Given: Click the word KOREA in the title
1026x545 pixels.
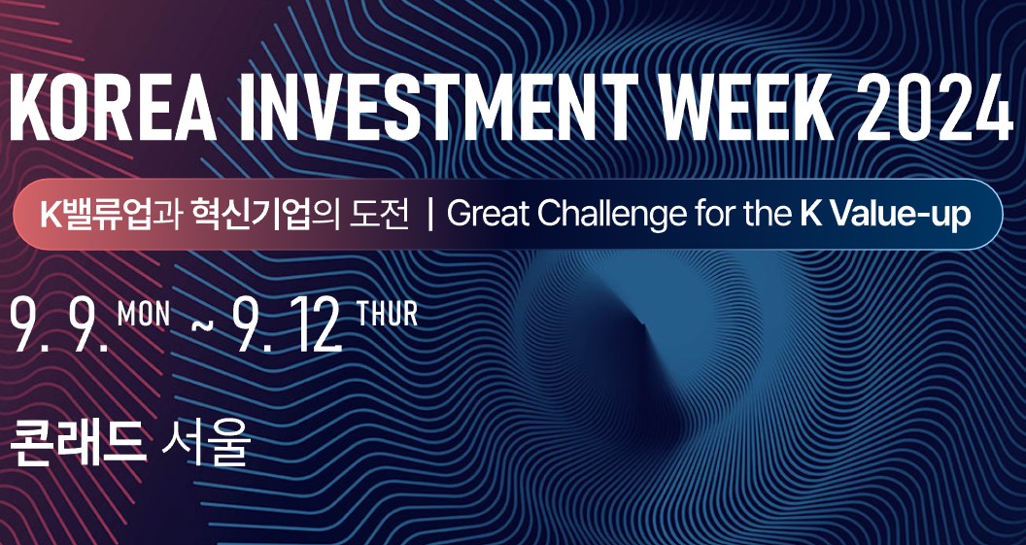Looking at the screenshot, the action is coord(113,107).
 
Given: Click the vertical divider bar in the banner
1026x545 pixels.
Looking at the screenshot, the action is coord(429,216).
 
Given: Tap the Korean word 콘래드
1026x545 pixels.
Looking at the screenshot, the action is coord(78,444).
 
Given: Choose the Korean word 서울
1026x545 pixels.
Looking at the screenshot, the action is coord(205,444).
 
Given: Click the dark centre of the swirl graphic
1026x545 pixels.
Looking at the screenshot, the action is coord(632,340).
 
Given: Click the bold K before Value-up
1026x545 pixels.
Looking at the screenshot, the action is coord(811,216).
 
